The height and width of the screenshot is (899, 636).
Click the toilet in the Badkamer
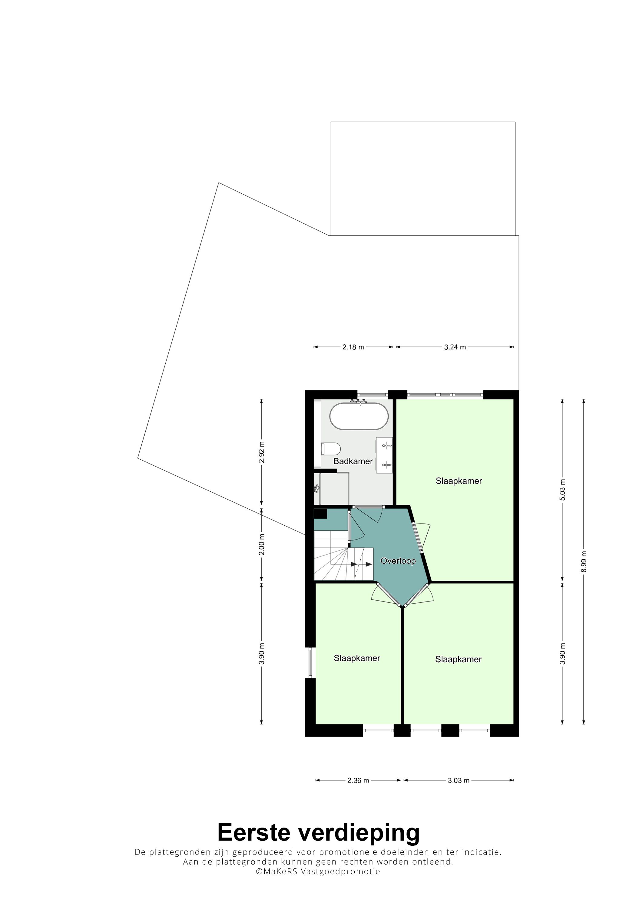coord(331,449)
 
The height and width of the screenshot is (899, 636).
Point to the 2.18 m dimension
coord(353,347)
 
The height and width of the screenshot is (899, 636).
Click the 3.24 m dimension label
coord(455,347)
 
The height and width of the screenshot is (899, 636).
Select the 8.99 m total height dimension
coord(584,562)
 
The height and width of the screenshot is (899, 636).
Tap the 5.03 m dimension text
coord(562,490)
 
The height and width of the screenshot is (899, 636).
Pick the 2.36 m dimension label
coord(358,780)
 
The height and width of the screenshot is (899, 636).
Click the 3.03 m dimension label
coord(459,780)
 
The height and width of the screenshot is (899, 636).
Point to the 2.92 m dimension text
coord(262,452)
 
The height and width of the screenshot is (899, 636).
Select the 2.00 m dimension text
coord(262,544)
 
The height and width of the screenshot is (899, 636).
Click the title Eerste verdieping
coord(318,832)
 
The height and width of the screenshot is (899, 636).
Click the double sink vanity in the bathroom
coord(384,455)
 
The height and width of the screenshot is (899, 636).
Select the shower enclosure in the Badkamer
coord(332,489)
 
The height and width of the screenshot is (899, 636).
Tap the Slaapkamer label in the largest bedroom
coord(459,481)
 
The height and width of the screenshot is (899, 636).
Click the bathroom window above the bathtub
coord(372,394)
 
